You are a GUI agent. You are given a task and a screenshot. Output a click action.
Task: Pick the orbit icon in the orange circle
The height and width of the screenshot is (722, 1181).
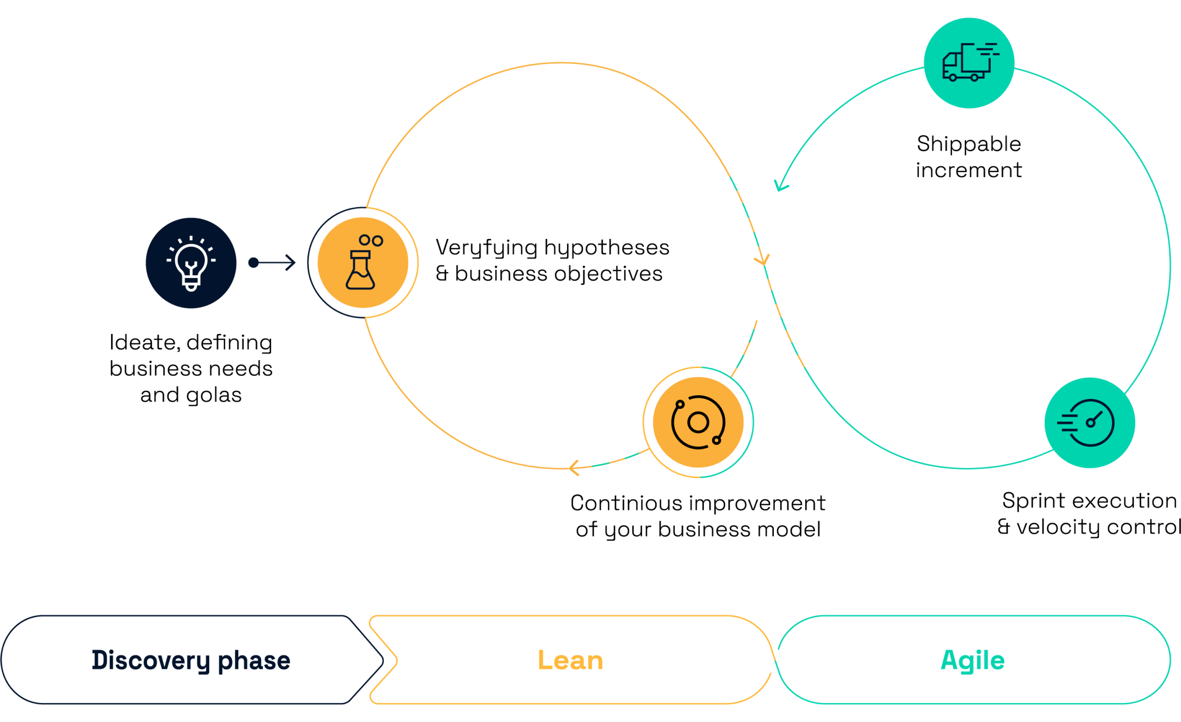[698, 422]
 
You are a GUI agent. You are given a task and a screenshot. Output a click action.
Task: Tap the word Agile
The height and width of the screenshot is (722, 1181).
[972, 660]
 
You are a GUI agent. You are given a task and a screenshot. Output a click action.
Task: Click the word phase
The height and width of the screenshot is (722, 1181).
[254, 660]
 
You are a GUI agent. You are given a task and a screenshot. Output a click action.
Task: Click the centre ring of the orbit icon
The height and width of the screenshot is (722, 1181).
[698, 422]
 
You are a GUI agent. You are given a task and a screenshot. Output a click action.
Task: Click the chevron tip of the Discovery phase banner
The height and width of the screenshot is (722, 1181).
[384, 660]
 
